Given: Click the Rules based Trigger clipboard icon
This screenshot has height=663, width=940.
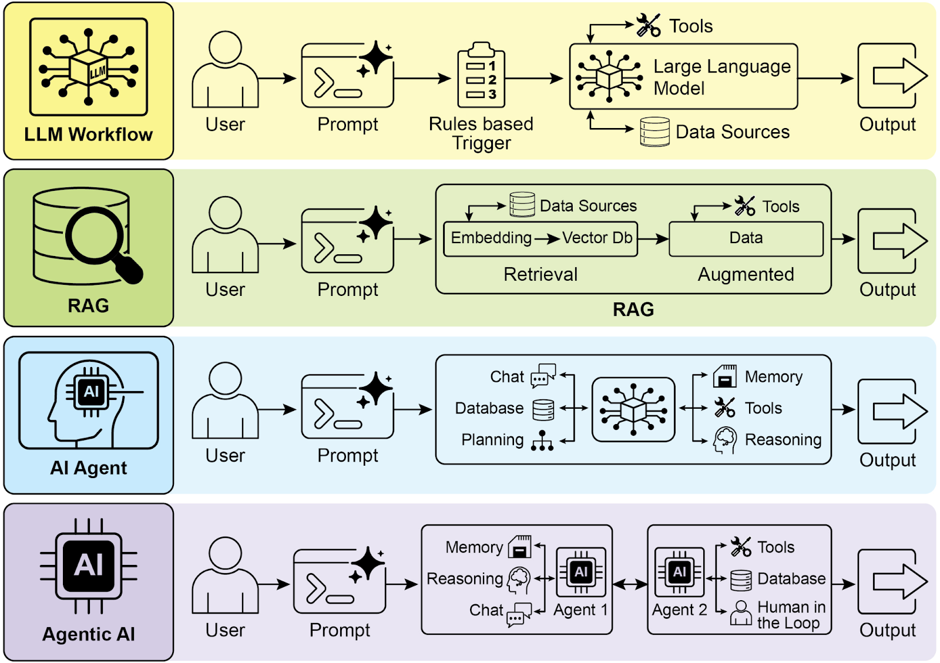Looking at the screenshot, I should (481, 76).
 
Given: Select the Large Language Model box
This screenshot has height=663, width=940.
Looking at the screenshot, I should (683, 77).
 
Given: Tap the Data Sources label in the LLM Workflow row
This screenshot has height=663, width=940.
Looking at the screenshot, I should (732, 132).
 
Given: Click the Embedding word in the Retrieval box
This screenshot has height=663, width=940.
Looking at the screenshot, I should (491, 238).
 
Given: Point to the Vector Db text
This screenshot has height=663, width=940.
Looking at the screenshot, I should (597, 238).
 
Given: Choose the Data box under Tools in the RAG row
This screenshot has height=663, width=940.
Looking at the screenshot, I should (746, 238).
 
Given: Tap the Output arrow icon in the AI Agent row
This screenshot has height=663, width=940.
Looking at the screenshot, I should (892, 411).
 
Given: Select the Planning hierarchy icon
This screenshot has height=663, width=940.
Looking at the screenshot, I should (542, 440).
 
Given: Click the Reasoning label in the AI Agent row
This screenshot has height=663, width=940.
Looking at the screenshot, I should (783, 440).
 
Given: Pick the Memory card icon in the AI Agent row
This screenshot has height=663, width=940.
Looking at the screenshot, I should (725, 376).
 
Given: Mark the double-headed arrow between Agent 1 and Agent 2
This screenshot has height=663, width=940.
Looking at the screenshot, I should (630, 584).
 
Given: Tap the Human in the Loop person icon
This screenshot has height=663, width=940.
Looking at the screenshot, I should (741, 614).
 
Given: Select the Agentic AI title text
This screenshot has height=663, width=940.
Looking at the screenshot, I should (89, 635).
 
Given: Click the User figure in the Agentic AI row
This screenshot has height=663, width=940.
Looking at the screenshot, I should (225, 576).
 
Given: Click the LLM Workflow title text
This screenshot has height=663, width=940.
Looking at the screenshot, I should (89, 135).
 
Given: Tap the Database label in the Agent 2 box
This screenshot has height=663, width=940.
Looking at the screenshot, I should (791, 579).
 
